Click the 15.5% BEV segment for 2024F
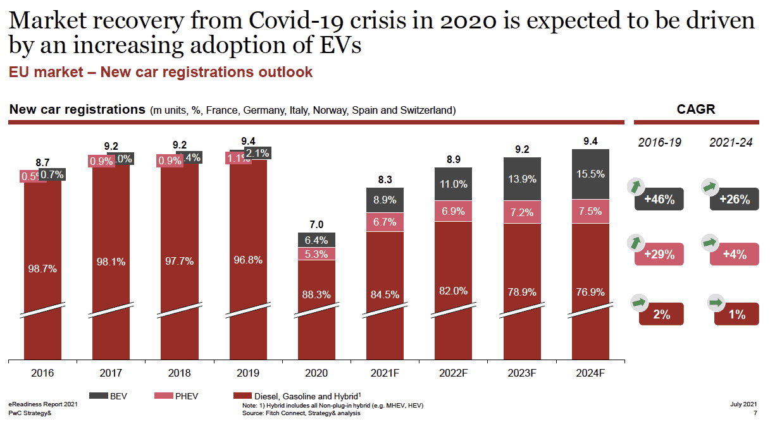pos(590,174)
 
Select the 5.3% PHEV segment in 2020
pos(316,254)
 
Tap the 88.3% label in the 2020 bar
pos(316,294)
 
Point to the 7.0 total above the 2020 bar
pos(316,225)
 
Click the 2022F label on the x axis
pos(454,373)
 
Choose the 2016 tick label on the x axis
pos(42,373)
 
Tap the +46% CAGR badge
pos(659,200)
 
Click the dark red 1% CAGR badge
pos(736,314)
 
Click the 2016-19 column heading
pos(659,142)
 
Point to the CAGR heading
pos(695,109)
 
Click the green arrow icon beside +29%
pos(635,242)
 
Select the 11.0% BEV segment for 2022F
pos(454,184)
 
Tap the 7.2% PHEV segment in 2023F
pos(522,212)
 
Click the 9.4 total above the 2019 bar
pos(248,141)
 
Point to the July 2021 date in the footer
pos(743,404)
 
